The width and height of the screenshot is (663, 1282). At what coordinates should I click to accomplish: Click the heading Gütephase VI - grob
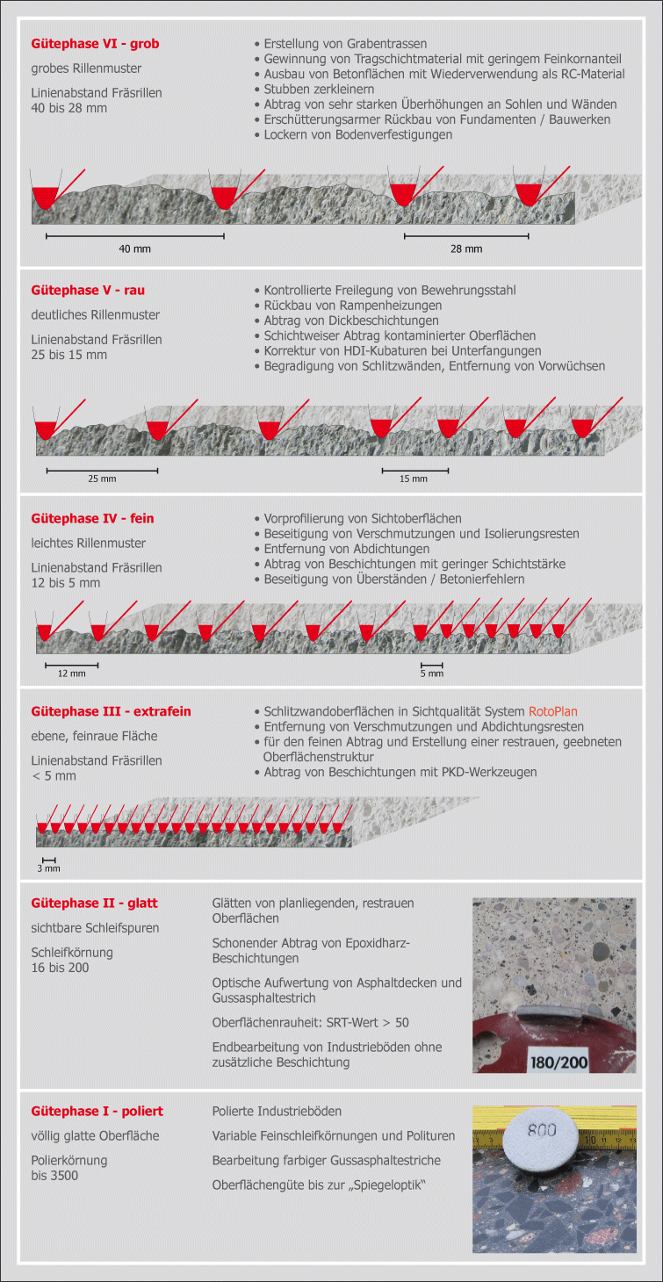(95, 43)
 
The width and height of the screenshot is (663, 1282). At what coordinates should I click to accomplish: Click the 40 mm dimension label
(134, 249)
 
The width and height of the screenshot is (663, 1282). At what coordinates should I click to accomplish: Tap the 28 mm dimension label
(466, 249)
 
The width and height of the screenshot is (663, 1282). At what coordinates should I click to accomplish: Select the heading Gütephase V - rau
(88, 290)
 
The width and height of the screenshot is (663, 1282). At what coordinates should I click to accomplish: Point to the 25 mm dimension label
(102, 479)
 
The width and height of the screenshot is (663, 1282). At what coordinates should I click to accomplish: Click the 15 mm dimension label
(414, 479)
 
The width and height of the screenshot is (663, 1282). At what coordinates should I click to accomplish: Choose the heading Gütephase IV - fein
(92, 518)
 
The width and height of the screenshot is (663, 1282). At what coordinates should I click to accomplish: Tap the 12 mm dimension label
(71, 673)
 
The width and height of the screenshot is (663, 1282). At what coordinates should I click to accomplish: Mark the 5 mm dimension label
(431, 673)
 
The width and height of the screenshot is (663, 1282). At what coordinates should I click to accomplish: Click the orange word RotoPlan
(553, 711)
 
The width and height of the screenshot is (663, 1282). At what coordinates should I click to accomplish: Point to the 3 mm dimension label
(48, 868)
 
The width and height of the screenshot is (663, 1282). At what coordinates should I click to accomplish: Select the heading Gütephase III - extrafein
(111, 711)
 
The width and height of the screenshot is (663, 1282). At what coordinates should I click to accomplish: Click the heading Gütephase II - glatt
(94, 903)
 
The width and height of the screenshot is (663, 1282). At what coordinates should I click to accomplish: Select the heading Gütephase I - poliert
(97, 1111)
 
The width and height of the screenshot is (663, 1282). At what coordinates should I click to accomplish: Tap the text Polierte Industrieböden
(277, 1111)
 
